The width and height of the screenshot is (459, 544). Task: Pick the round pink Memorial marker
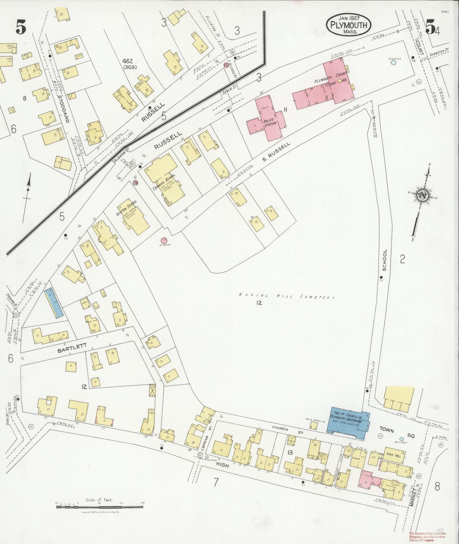click(164, 241)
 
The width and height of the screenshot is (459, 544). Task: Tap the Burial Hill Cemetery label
click(287, 297)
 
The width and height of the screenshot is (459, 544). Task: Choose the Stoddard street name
click(63, 108)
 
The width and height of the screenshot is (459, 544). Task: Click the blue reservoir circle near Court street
click(393, 63)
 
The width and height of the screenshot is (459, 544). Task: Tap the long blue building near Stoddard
click(53, 304)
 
